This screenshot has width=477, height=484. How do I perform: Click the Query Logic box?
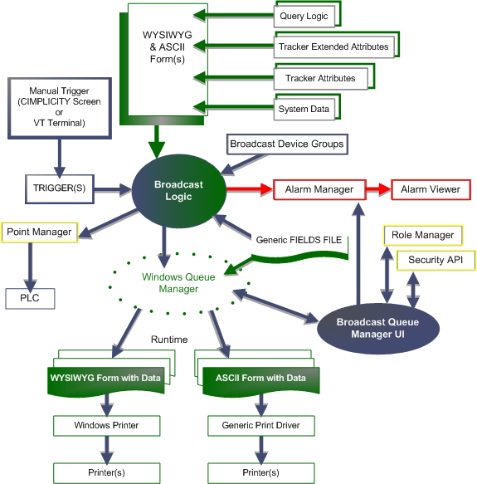coord(304,16)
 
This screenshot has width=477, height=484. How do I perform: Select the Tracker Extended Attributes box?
coord(333,46)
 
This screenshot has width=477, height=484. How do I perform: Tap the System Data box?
coord(304,109)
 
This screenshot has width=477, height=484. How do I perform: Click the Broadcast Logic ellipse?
coord(179,191)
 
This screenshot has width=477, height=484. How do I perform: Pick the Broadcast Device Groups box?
coord(287,144)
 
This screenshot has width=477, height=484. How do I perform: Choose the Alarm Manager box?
coord(319,189)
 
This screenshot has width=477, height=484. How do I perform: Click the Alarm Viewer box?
coord(431,189)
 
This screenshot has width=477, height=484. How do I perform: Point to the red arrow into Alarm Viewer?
coord(379,189)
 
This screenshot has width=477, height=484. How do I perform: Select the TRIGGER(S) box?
coord(60,189)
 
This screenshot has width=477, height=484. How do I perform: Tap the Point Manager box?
coord(40,232)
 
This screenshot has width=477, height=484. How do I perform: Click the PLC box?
coord(30,299)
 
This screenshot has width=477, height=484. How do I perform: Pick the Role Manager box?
coord(423,235)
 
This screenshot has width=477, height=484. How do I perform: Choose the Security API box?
coord(436,260)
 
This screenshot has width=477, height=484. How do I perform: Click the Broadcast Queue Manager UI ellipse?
coord(378,329)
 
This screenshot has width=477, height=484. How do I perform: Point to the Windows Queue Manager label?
coord(178,283)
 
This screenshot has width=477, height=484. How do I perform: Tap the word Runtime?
coord(169,340)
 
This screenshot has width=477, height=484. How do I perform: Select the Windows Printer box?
coord(107,426)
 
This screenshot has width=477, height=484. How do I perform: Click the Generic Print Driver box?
coord(261,426)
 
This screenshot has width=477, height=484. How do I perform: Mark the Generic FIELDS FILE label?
coord(299,240)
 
